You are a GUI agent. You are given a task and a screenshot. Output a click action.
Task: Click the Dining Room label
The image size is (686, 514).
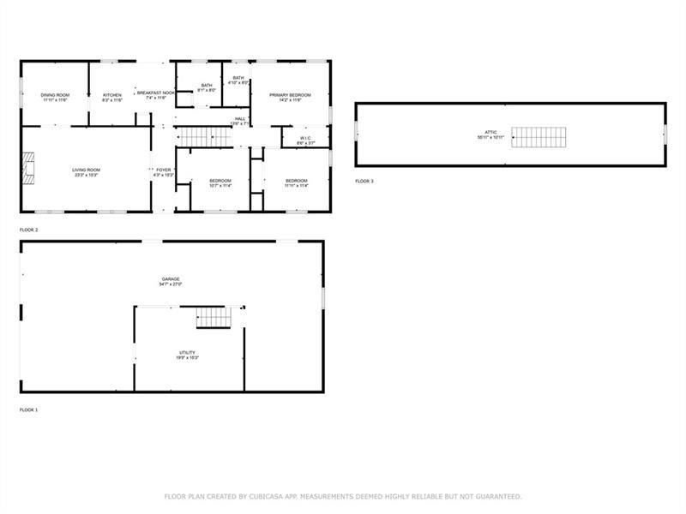tap(56, 96)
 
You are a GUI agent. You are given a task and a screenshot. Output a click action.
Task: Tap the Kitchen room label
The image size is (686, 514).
tap(112, 96)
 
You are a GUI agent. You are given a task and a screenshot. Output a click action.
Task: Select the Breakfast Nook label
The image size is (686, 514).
tap(155, 93)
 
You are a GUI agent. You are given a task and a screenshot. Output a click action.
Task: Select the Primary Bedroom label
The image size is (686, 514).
tap(290, 96)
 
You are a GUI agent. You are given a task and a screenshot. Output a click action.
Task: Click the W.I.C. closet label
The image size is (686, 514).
tap(306, 140)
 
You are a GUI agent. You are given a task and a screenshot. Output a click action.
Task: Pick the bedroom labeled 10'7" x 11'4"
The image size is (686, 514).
tap(220, 182)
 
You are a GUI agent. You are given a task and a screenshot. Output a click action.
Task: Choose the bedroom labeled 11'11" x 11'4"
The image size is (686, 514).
tap(296, 182)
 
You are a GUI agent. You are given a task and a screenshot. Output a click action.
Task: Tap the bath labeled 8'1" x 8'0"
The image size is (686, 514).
tap(207, 87)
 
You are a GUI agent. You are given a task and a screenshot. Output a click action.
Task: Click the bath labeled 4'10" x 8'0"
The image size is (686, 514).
tap(238, 80)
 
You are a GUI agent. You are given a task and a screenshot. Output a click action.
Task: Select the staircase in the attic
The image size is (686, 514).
tap(539, 137)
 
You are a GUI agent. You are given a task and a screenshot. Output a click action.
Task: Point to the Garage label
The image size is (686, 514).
tap(171, 281)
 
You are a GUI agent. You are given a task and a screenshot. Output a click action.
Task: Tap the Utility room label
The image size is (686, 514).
tap(187, 354)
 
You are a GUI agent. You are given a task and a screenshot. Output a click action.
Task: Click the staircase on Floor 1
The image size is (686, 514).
tap(214, 318)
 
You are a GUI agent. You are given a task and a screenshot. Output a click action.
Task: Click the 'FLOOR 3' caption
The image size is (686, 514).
tap(364, 182)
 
